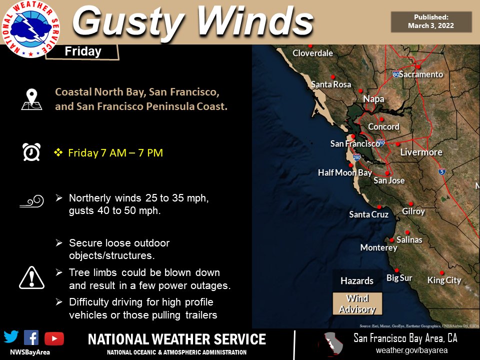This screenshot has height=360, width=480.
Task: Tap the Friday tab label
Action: coord(83,51)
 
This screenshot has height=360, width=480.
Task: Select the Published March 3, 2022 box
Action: coord(431,21)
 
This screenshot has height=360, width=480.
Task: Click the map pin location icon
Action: coord(32,99)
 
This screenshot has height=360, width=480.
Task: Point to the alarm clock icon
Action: coord(31,152)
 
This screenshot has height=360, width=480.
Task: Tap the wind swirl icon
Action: coord(31,201)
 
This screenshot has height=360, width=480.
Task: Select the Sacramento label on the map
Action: coord(420,74)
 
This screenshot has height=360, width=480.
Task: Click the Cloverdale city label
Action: coord(312,53)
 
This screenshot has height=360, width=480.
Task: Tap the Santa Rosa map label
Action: coord(331,84)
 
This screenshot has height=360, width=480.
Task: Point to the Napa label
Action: coord(373,99)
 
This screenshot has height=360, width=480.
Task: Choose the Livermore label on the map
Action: coord(421,152)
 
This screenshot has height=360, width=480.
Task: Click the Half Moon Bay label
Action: coord(345,173)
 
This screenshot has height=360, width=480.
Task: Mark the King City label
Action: coord(444,280)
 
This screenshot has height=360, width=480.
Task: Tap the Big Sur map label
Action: coord(399,278)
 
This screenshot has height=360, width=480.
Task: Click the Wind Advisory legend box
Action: coord(357,303)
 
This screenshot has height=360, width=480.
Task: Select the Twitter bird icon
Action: coord(11,337)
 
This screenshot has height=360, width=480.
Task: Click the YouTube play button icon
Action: coord(54,338)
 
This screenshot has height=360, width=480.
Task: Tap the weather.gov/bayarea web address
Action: coord(411,350)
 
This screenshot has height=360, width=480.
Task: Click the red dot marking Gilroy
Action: coord(410,203)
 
